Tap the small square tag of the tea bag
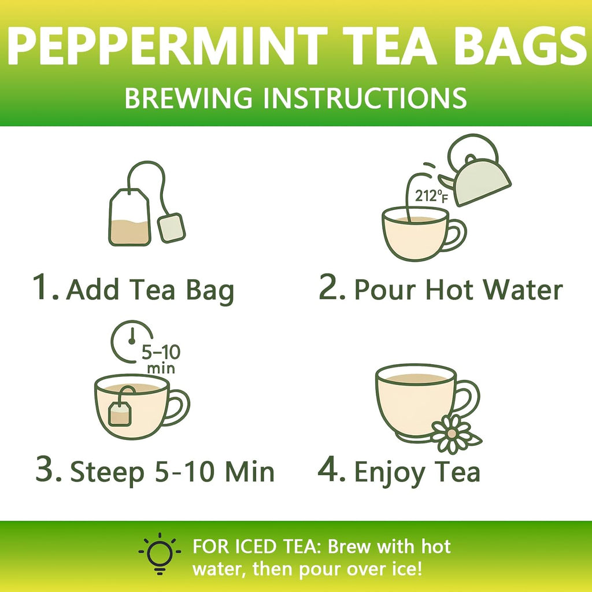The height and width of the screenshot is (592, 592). (x=172, y=228)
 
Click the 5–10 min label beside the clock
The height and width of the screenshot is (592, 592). (x=158, y=358)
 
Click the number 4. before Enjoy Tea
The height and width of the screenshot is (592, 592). (x=332, y=471)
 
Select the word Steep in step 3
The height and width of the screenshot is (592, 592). (x=108, y=472)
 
